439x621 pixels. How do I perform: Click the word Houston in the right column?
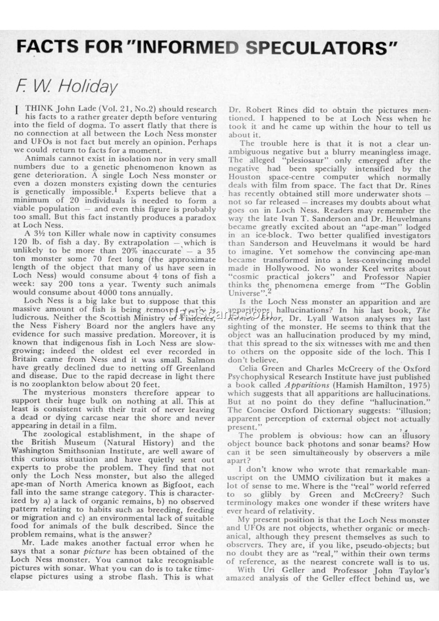pyautogui.click(x=245, y=178)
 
